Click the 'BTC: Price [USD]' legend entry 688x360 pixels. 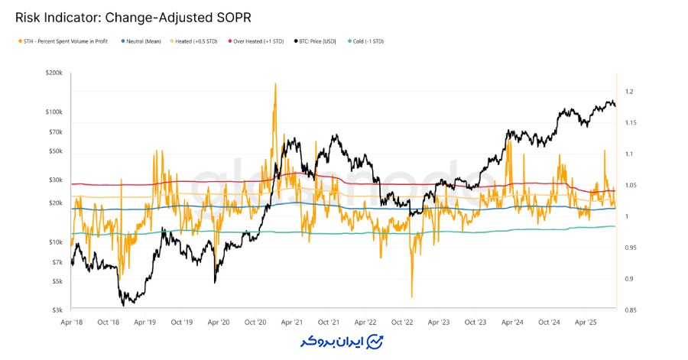[319, 41]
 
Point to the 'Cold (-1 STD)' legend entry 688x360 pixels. [367, 41]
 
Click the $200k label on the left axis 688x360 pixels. [54, 73]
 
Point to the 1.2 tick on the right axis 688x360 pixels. [628, 92]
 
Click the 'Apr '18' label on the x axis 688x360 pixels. [71, 323]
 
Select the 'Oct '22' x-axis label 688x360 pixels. [401, 323]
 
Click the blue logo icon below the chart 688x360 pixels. [375, 341]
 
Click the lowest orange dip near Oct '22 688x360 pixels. [411, 297]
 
